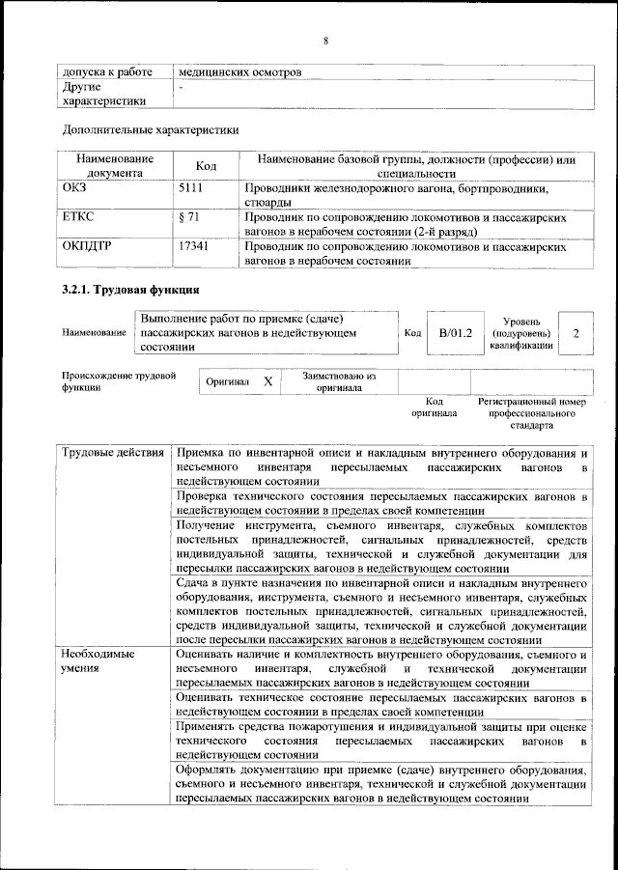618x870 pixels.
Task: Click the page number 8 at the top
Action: [x=326, y=40]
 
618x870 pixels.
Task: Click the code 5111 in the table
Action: [x=191, y=189]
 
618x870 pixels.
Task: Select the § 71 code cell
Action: [x=189, y=219]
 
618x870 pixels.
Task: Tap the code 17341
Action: [x=194, y=248]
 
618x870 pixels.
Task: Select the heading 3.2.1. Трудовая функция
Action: [x=129, y=291]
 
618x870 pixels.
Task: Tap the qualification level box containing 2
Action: [x=576, y=333]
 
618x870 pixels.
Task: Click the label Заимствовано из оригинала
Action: [x=338, y=382]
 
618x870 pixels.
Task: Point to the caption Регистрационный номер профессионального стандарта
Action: [x=532, y=412]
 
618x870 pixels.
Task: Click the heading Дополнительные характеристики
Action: [x=150, y=128]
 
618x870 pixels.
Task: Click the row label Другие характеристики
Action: [x=103, y=94]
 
